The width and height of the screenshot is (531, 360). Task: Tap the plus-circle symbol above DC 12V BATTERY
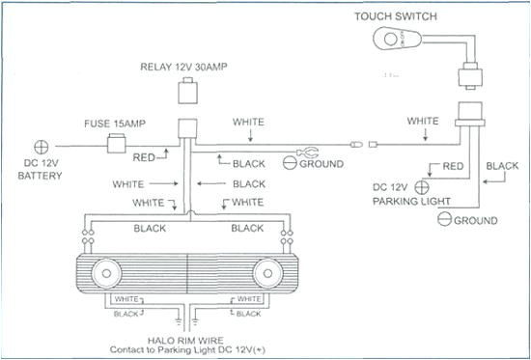click(x=42, y=147)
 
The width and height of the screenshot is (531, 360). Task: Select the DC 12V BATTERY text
click(x=40, y=170)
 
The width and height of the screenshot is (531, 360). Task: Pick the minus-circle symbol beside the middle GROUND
click(x=289, y=164)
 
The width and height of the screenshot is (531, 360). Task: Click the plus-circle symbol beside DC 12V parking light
click(x=422, y=185)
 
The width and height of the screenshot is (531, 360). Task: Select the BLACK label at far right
click(x=502, y=166)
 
